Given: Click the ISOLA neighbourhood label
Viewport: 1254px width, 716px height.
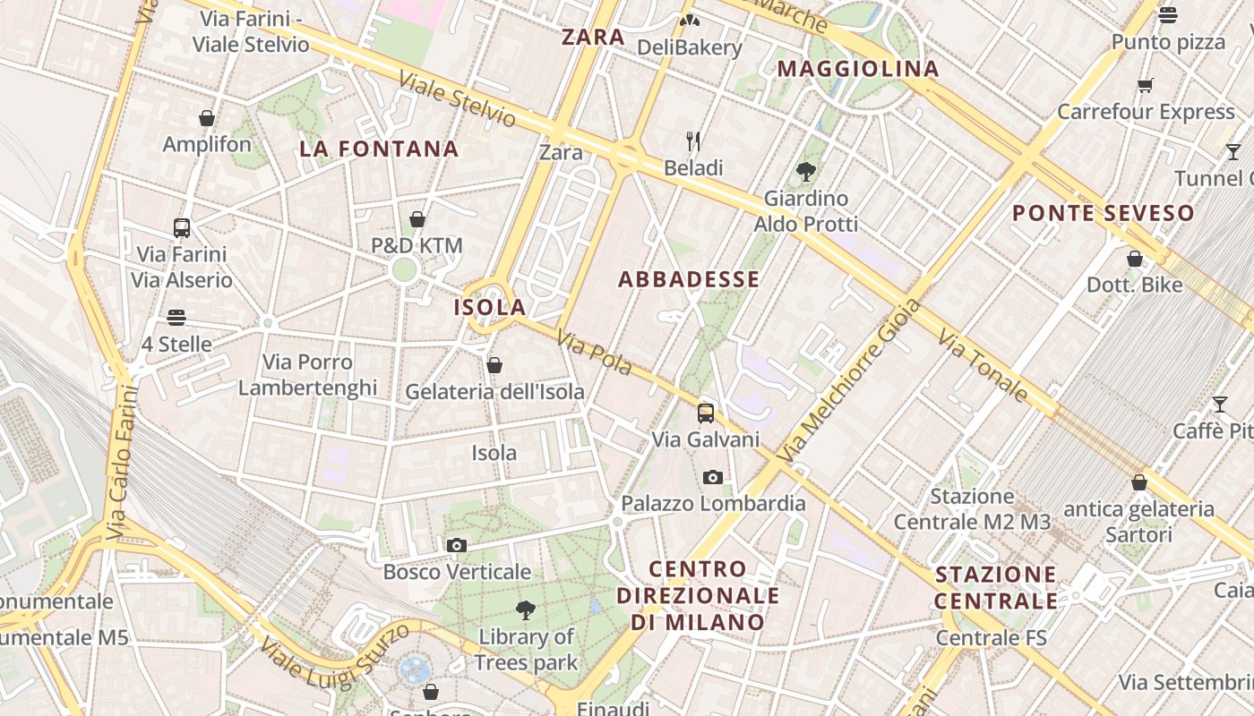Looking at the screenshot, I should [490, 307].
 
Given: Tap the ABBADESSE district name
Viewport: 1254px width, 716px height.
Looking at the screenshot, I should [689, 279].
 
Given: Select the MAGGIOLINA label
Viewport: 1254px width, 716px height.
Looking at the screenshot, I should [858, 69].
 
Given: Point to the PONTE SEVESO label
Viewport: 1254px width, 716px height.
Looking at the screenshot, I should [1104, 213].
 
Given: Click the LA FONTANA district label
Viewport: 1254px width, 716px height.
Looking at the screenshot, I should [379, 149].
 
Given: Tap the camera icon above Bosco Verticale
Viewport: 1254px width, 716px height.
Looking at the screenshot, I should [457, 545].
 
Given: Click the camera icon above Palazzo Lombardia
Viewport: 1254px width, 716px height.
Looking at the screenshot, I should [713, 477].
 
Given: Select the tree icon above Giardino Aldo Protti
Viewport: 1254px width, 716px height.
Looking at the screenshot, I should [806, 171].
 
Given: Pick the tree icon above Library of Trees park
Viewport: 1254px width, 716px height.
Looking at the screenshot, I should [526, 610].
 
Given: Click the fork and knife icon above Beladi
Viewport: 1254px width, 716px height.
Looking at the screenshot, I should [693, 141].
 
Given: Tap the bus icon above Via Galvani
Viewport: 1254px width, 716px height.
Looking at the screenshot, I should [706, 413].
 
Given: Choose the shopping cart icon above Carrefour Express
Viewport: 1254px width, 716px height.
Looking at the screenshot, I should [1146, 86].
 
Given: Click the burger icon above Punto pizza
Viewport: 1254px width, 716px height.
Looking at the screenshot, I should [1168, 15].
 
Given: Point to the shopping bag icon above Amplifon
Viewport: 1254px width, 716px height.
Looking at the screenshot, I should [207, 118].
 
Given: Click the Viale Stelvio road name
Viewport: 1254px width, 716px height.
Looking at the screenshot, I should [458, 98].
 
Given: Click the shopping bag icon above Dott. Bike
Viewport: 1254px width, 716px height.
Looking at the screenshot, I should [1135, 259].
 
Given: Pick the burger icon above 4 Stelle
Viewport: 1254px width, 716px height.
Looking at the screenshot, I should [176, 318].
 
